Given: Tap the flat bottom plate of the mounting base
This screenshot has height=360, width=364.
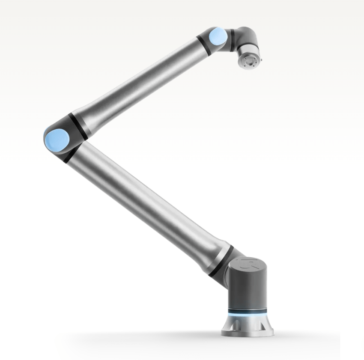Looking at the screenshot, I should [247, 333].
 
